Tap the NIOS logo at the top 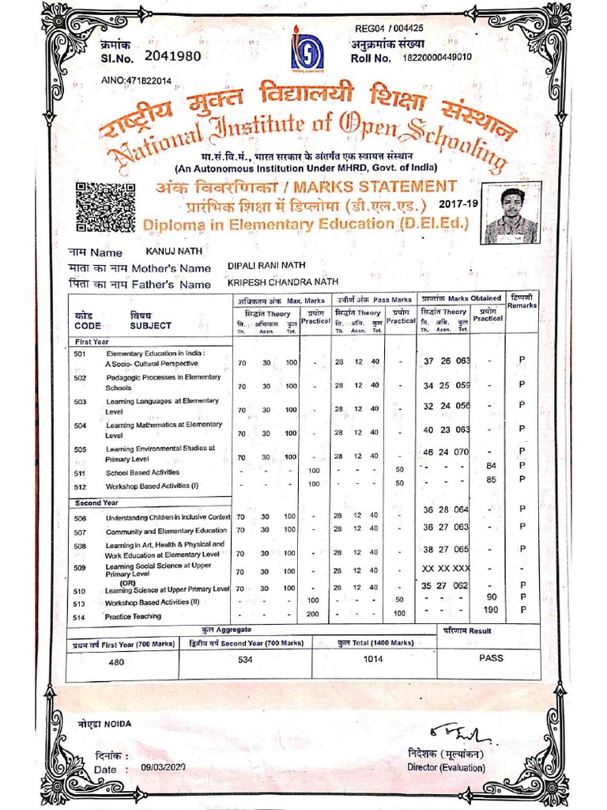[x=307, y=51]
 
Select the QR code [x=104, y=206]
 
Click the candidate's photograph [x=511, y=215]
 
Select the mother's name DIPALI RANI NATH [x=266, y=266]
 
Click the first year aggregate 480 [x=116, y=664]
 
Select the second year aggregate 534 [x=245, y=659]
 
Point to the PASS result [x=490, y=657]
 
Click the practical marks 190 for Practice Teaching [x=491, y=610]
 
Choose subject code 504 [x=80, y=425]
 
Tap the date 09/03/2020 [x=164, y=767]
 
